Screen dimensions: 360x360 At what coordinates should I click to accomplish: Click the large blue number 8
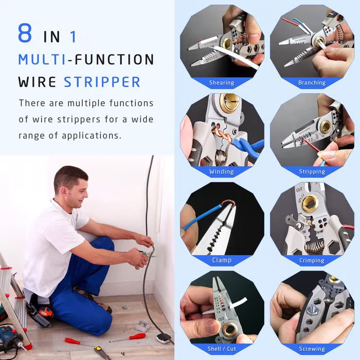(x=25, y=33)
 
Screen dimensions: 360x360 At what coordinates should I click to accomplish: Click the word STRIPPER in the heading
(x=102, y=82)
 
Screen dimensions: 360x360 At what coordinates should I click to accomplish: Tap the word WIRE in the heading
(x=37, y=82)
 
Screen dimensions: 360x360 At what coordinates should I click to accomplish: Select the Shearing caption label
(x=222, y=83)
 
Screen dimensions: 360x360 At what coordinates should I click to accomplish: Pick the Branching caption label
(x=312, y=83)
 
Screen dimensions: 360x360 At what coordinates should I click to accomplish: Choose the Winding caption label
(x=222, y=171)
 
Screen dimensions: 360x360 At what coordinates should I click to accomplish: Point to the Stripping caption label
(x=312, y=171)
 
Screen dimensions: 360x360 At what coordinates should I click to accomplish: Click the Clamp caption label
(x=222, y=260)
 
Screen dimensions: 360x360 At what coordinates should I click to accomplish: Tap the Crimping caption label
(x=312, y=260)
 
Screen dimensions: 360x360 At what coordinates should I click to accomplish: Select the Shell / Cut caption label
(x=222, y=349)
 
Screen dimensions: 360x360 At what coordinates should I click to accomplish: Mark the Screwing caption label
(x=312, y=349)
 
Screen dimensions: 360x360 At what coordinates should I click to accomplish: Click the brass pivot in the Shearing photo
(x=227, y=43)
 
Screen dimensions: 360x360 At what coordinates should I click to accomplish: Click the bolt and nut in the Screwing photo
(x=314, y=309)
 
